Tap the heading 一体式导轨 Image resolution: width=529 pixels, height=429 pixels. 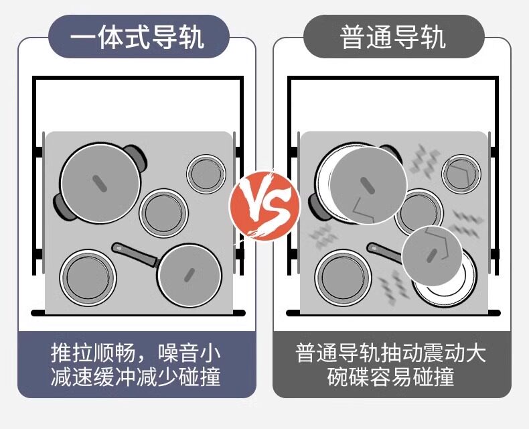(137, 36)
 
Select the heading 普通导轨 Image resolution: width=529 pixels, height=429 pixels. (393, 36)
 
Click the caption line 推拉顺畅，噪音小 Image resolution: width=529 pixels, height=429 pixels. (137, 353)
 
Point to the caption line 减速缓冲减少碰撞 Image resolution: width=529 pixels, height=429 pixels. (137, 377)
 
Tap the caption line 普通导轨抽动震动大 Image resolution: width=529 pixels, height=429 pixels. (391, 353)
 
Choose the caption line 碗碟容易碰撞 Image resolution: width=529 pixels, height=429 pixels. (391, 377)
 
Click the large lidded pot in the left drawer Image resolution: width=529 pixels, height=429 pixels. (100, 182)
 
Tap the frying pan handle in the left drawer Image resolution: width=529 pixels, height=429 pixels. (134, 253)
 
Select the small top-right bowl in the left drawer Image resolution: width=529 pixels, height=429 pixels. (204, 173)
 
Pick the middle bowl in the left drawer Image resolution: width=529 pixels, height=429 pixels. (162, 213)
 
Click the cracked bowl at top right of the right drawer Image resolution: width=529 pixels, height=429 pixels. (461, 173)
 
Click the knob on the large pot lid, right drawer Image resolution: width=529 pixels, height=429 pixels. (367, 184)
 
